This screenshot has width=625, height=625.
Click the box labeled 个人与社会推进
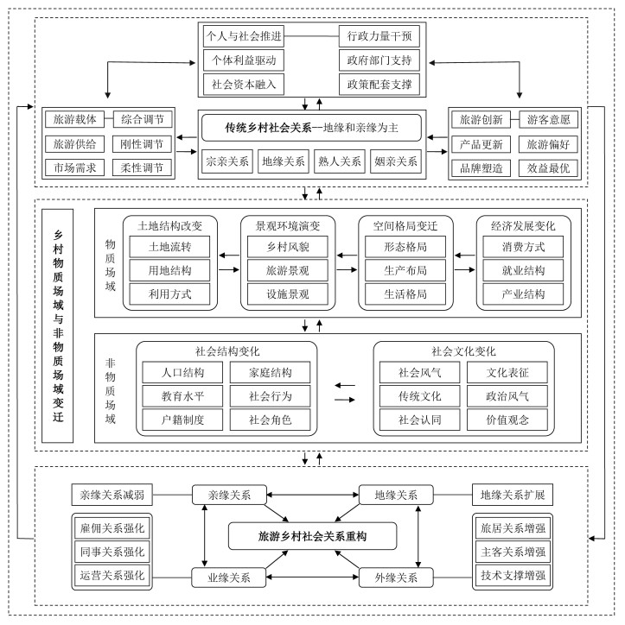pyautogui.click(x=244, y=37)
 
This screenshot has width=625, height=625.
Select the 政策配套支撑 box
pyautogui.click(x=379, y=85)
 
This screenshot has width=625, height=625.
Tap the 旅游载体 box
pyautogui.click(x=75, y=119)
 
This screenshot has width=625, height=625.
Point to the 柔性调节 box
pyautogui.click(x=143, y=167)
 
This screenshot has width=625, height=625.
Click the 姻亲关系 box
pyautogui.click(x=397, y=161)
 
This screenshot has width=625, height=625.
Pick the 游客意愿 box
pyautogui.click(x=550, y=120)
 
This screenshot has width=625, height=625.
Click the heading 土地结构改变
pyautogui.click(x=169, y=225)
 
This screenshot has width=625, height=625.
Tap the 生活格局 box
pyautogui.click(x=405, y=294)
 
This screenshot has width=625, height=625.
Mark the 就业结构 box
pyautogui.click(x=523, y=270)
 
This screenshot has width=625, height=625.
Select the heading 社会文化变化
pyautogui.click(x=463, y=351)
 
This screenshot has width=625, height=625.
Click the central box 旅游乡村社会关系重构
pyautogui.click(x=312, y=536)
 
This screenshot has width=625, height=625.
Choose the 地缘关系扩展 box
pyautogui.click(x=512, y=495)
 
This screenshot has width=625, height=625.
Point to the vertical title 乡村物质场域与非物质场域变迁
pyautogui.click(x=58, y=325)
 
